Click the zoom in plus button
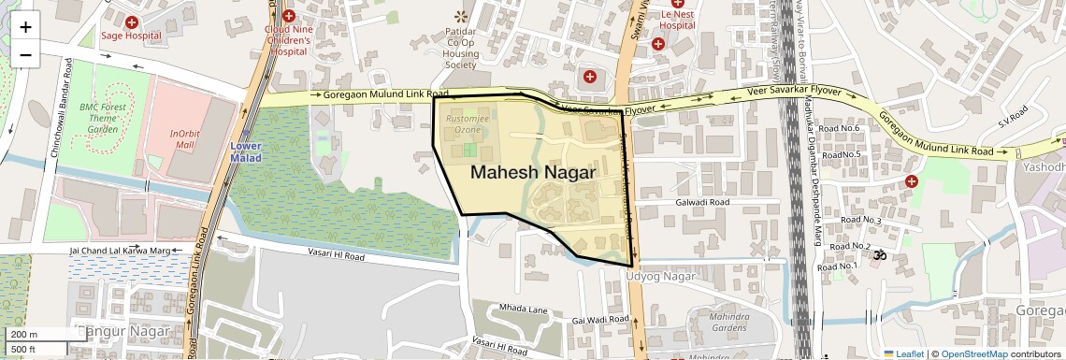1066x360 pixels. click(25, 26)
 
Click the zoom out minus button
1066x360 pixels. click(25, 54)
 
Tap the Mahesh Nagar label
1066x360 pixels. click(532, 172)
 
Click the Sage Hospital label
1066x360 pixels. click(131, 36)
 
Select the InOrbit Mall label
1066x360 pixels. click(186, 139)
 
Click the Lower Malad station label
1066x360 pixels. click(246, 152)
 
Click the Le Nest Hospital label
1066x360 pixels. click(676, 21)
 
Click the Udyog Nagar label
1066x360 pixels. click(661, 277)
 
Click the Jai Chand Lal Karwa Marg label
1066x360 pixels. click(119, 251)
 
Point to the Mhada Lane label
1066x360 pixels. click(522, 309)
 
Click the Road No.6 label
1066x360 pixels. click(838, 128)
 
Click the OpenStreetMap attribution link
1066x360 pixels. click(973, 353)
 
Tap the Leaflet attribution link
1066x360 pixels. click(903, 353)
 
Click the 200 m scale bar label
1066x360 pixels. click(23, 335)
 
